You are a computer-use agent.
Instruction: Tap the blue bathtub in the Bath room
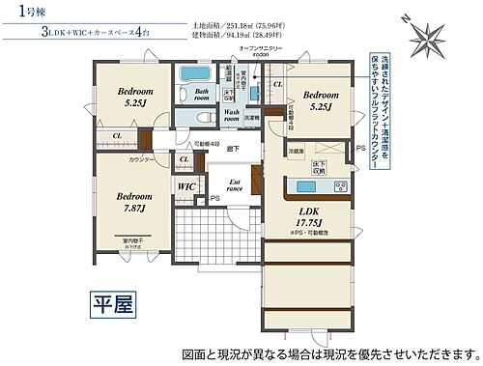click(197, 73)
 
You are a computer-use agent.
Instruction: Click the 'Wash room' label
click(232, 115)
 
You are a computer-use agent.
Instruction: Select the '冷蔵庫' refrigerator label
click(295, 151)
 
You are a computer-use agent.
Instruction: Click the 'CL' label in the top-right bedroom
click(278, 85)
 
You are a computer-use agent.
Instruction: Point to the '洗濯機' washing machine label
click(251, 118)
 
